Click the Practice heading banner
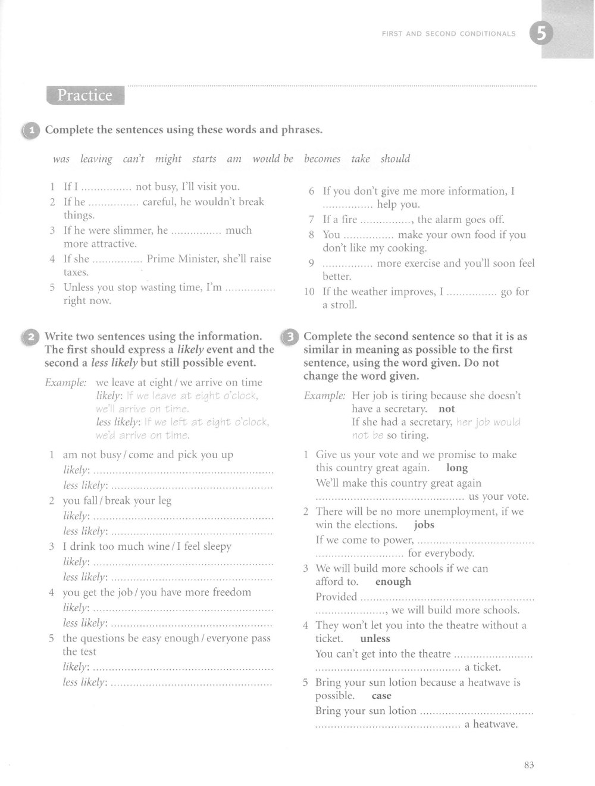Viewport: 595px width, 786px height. pos(84,95)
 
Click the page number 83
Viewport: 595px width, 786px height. pos(529,765)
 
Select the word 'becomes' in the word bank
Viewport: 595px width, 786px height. pos(322,159)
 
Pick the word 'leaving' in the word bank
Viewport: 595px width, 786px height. pos(96,159)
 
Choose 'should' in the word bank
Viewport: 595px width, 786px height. pos(395,159)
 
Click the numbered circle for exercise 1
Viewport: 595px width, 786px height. pos(30,130)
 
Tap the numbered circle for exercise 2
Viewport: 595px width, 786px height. pos(30,337)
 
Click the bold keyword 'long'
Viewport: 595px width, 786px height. pos(457,468)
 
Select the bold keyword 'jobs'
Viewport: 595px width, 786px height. pos(424,525)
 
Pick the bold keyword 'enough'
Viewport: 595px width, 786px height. pos(393,582)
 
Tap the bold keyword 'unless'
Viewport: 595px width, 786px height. pos(375,638)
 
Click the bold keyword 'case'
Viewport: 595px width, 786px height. pos(381,696)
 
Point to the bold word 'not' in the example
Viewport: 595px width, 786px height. pos(446,409)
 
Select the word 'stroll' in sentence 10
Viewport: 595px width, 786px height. pos(346,305)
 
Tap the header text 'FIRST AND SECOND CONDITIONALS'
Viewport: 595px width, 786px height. pos(449,34)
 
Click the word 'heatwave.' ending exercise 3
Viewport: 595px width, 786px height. pos(496,724)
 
